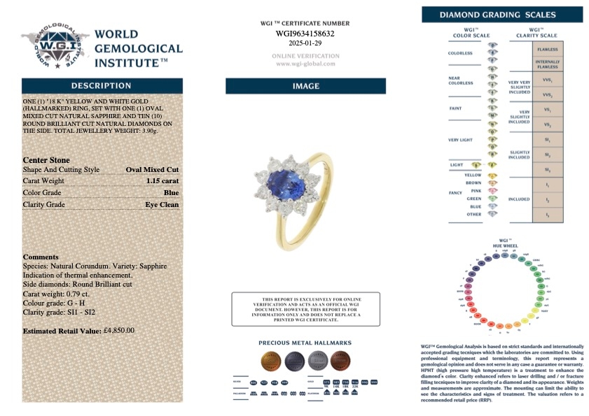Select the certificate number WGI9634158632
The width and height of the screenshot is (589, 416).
305,33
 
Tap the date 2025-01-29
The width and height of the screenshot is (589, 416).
305,43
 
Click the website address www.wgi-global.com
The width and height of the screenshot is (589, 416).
305,64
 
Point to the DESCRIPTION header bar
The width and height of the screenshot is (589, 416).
102,86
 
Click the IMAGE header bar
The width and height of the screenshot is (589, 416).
305,86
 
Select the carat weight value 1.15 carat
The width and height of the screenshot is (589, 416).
163,180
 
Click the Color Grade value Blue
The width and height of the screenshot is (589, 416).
172,192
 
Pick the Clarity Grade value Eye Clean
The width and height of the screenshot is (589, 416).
162,204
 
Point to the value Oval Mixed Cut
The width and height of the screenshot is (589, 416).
153,169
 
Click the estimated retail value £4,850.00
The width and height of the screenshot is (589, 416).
118,330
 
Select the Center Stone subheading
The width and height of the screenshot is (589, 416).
46,159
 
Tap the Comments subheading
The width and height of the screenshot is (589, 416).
41,257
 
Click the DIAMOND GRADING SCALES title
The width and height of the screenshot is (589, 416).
502,15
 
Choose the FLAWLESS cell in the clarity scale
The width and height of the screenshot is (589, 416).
547,50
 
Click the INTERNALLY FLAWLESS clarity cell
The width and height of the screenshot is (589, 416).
547,64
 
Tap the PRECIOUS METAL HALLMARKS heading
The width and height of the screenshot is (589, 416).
305,343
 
